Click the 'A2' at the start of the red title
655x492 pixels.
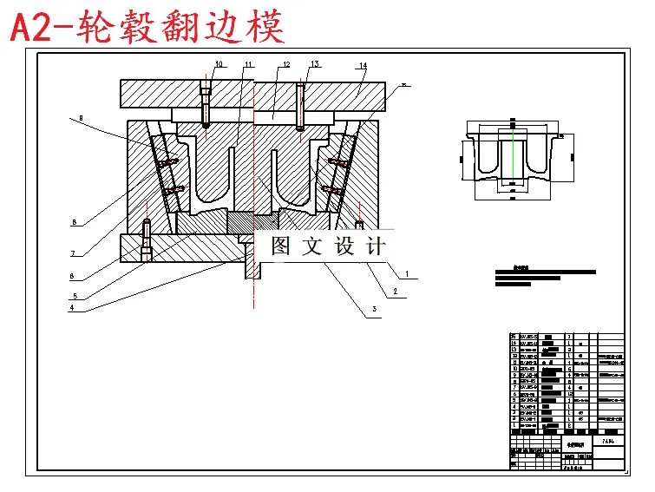[x=32, y=29]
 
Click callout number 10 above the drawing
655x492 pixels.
[x=219, y=64]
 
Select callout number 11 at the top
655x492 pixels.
[x=248, y=65]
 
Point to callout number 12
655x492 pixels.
[x=285, y=65]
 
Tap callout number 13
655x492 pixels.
[x=315, y=64]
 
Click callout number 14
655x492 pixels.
[x=363, y=65]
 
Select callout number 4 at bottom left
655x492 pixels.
[x=73, y=307]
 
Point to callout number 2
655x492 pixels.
[x=395, y=292]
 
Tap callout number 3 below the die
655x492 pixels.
[x=374, y=309]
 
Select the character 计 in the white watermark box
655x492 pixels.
[x=375, y=246]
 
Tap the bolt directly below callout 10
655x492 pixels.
[x=206, y=104]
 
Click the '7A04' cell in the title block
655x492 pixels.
[x=608, y=443]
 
